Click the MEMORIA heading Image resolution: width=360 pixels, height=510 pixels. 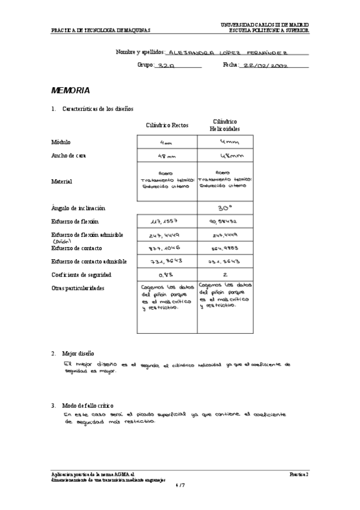[70, 90]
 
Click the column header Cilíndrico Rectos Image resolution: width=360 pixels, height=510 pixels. [167, 125]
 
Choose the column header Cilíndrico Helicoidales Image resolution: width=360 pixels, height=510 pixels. [225, 125]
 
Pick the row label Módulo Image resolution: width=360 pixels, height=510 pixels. [61, 143]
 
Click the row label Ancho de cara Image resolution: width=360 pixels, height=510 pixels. [69, 156]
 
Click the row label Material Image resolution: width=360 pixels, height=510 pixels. [62, 181]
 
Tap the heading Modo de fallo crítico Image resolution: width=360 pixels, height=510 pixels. [88, 406]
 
